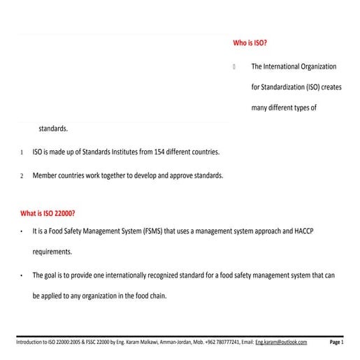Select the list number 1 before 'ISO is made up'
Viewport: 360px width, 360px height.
click(22, 152)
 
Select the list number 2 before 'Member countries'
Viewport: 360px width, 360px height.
click(22, 175)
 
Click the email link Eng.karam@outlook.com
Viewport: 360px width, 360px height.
click(281, 342)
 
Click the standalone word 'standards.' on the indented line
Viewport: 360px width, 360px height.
click(53, 129)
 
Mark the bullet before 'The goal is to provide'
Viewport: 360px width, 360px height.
click(22, 275)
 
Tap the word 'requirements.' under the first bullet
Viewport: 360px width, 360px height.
click(52, 252)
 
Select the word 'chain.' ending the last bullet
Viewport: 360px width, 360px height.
click(157, 296)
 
